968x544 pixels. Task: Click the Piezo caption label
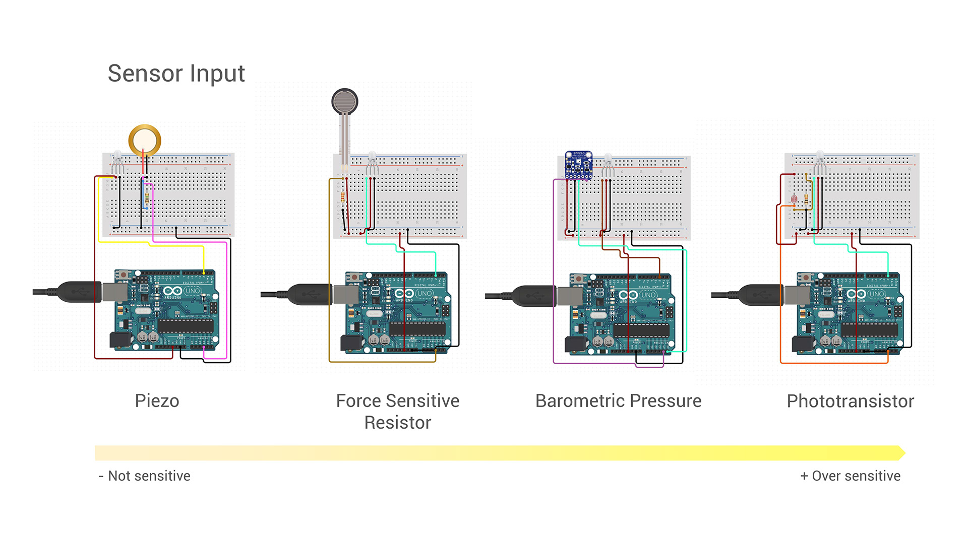[157, 401]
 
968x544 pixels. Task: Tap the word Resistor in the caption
[397, 423]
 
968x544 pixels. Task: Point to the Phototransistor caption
[850, 401]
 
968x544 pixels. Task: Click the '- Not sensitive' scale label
[145, 476]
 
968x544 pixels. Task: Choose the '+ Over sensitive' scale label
[850, 476]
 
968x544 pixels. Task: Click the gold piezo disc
[145, 140]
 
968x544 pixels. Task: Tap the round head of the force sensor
[345, 101]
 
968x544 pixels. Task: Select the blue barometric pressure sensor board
[578, 165]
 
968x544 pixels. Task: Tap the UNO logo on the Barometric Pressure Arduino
[648, 295]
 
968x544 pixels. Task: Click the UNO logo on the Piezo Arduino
[192, 291]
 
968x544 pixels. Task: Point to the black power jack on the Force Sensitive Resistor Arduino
[351, 344]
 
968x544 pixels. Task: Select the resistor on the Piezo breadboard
[147, 197]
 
